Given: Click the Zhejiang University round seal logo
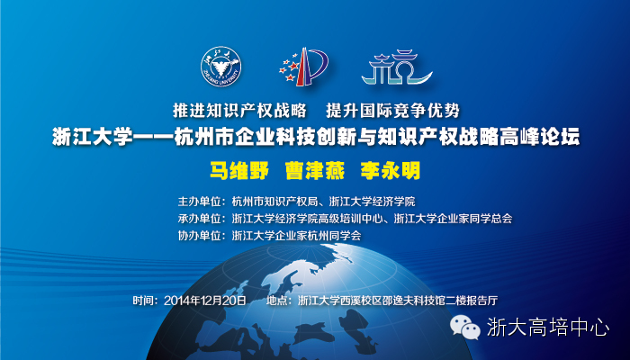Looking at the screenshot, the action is tap(221, 67).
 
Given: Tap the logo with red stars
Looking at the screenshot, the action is tap(304, 67).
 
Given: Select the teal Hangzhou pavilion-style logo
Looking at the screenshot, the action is tap(397, 67).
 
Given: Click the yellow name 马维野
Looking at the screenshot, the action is tap(239, 171).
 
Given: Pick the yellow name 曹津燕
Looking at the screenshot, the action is tap(315, 171).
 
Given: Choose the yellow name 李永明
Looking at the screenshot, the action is tap(390, 171).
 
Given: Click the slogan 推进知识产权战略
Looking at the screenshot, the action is tap(240, 110).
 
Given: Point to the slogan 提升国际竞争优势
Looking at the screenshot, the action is tap(393, 110).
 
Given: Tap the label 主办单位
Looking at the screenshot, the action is tap(200, 201).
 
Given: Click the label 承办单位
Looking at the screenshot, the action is tap(200, 218).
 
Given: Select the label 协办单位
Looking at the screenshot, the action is tap(200, 236).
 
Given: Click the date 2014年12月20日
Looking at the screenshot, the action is tap(205, 301).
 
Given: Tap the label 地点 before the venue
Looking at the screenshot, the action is tap(277, 301).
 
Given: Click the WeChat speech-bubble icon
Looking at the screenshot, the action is tap(465, 327).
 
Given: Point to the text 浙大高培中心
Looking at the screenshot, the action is tap(548, 326).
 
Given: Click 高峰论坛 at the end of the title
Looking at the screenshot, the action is tap(539, 137).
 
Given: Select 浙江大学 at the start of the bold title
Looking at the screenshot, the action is tap(93, 137).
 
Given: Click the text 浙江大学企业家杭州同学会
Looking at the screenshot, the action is tap(296, 236).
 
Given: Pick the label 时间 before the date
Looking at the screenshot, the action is tap(143, 301).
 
